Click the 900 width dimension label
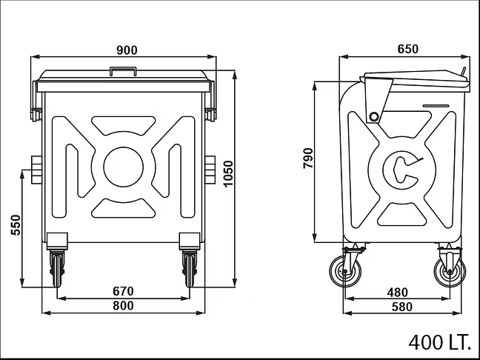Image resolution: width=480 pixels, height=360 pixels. tap(127, 50)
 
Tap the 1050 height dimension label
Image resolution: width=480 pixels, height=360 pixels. tap(228, 173)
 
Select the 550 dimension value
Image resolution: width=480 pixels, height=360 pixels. tap(16, 225)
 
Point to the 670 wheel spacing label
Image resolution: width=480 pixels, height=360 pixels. tap(123, 291)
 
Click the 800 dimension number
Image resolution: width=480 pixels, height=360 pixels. tap(123, 305)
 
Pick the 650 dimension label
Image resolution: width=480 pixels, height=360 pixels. tap(407, 49)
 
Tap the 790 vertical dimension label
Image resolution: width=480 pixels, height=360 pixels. tap(308, 158)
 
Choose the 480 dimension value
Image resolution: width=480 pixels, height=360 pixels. tap(397, 293)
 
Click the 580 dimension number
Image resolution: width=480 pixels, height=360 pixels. tap(402, 307)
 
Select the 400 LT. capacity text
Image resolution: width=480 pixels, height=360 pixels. tap(439, 342)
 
